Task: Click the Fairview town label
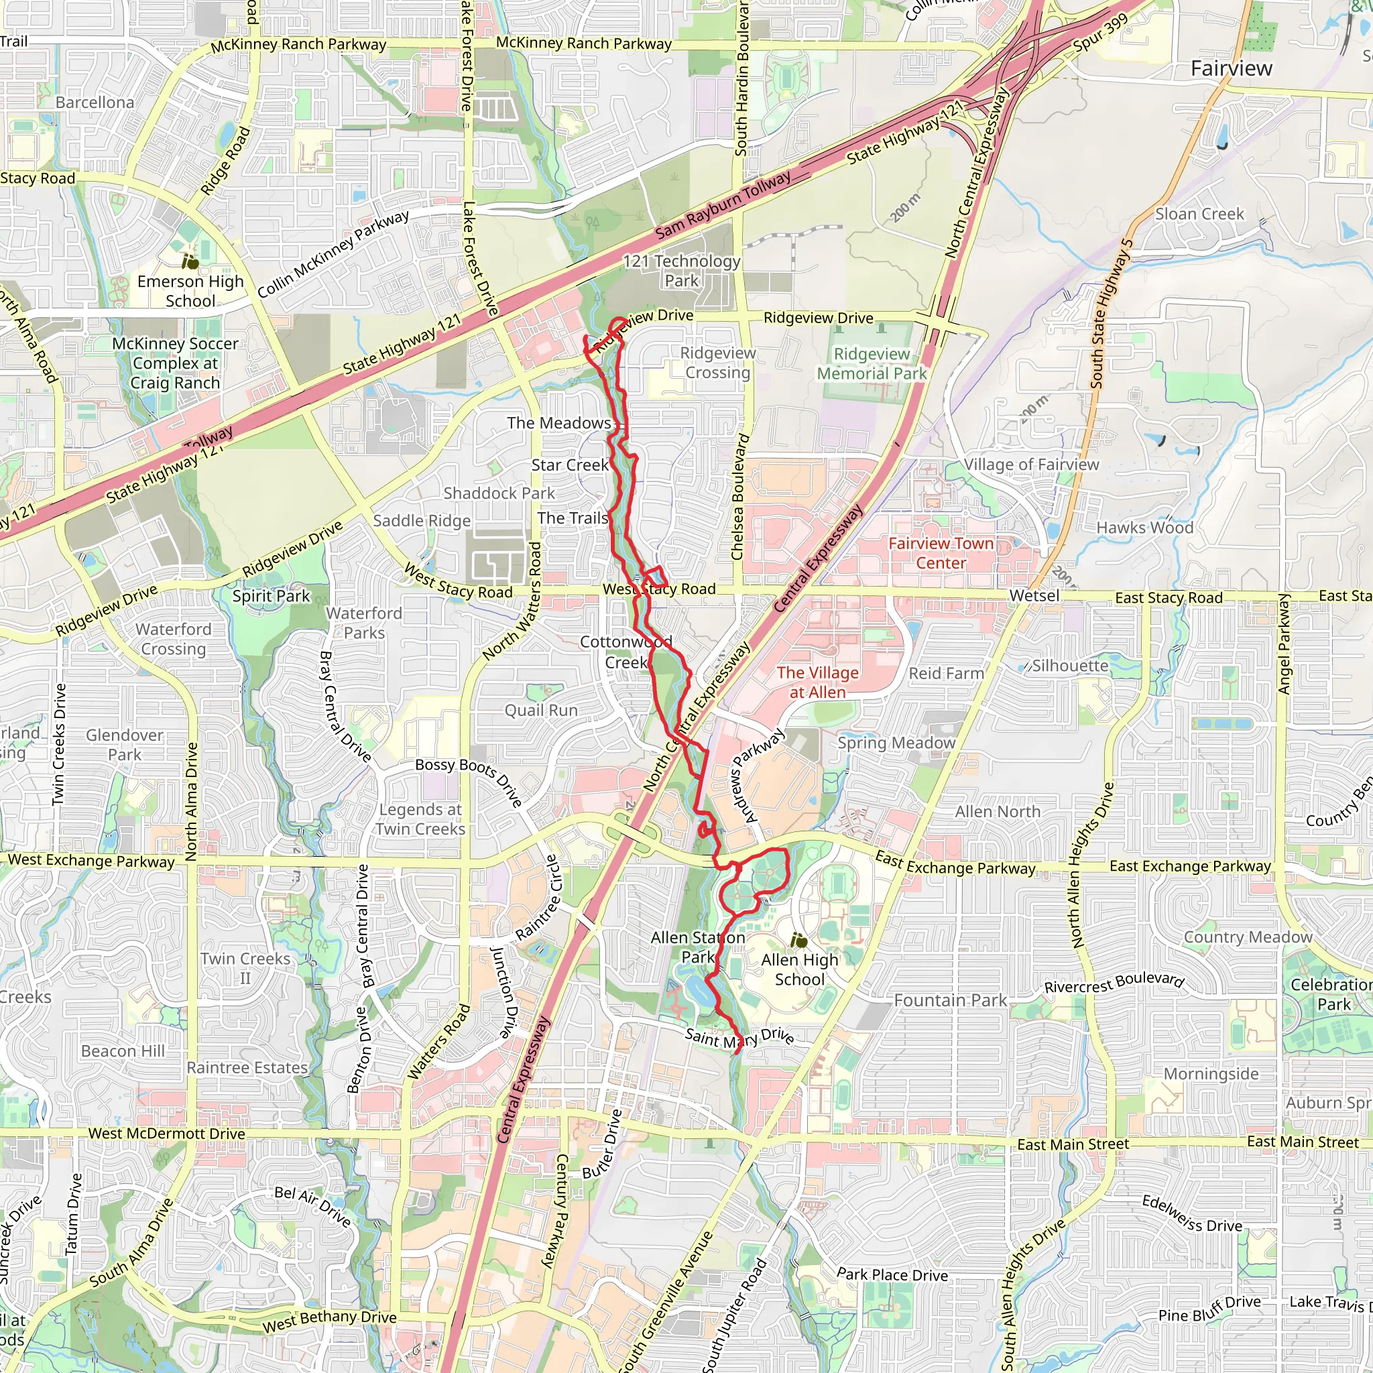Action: tap(1231, 68)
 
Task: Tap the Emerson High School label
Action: tap(190, 292)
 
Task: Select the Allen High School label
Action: tap(800, 969)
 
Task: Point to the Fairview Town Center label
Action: tap(941, 553)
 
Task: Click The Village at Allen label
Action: tap(817, 682)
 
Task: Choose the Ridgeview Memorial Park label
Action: tap(872, 364)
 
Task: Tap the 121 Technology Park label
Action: tap(682, 271)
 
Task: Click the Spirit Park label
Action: tap(271, 595)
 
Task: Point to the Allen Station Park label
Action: tap(697, 947)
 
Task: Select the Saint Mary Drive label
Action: tap(739, 1038)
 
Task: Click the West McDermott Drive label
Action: tap(166, 1134)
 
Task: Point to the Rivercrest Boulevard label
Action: tap(1114, 983)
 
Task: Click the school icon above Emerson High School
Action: tap(190, 261)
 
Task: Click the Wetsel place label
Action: tap(1034, 595)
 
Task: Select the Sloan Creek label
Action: tap(1199, 214)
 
